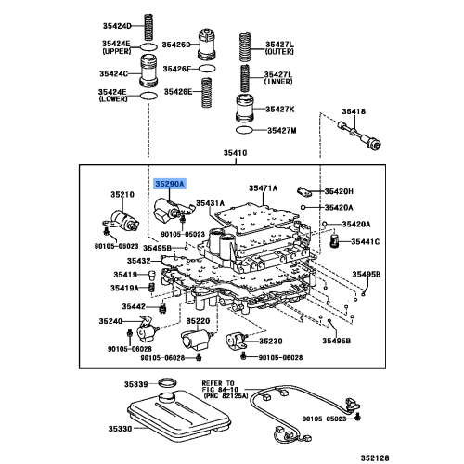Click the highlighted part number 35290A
pos(171,185)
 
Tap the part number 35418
pos(354,111)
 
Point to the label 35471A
pos(262,187)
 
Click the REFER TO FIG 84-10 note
pos(223,387)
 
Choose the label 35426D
pos(176,45)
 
